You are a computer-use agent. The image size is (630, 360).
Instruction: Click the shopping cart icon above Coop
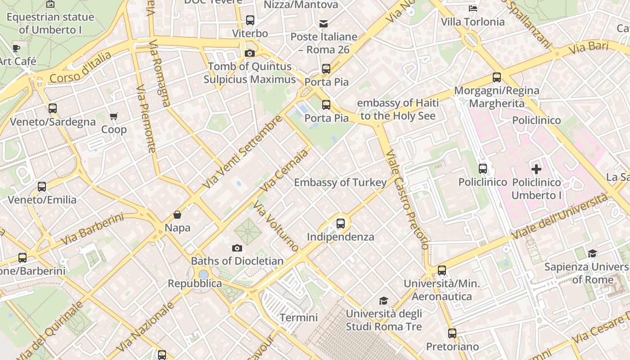(114, 117)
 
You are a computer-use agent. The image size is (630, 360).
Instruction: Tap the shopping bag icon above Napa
(177, 215)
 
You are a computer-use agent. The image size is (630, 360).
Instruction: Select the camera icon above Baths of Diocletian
(237, 248)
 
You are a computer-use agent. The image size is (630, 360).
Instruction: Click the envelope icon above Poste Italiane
(324, 24)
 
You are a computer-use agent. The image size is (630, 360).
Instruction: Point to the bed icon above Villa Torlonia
(472, 9)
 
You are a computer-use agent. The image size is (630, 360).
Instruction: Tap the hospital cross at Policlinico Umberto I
(536, 169)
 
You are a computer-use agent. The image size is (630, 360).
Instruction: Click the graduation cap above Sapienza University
(592, 254)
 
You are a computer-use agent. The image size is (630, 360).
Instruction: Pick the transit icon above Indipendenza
(341, 223)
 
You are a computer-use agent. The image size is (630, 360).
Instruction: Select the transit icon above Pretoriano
(452, 333)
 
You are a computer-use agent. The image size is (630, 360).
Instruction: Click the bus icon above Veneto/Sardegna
(53, 108)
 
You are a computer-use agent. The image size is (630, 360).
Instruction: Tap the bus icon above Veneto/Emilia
(42, 186)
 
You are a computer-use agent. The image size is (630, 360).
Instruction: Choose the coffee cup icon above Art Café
(17, 48)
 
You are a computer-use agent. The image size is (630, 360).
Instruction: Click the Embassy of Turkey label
(340, 182)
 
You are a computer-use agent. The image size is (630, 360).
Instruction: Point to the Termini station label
(299, 317)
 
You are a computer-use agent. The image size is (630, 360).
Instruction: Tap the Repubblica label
(195, 283)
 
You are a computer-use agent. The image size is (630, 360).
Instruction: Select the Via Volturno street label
(275, 226)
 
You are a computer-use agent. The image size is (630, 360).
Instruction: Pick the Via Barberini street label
(92, 229)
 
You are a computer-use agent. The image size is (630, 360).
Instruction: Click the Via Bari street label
(589, 48)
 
